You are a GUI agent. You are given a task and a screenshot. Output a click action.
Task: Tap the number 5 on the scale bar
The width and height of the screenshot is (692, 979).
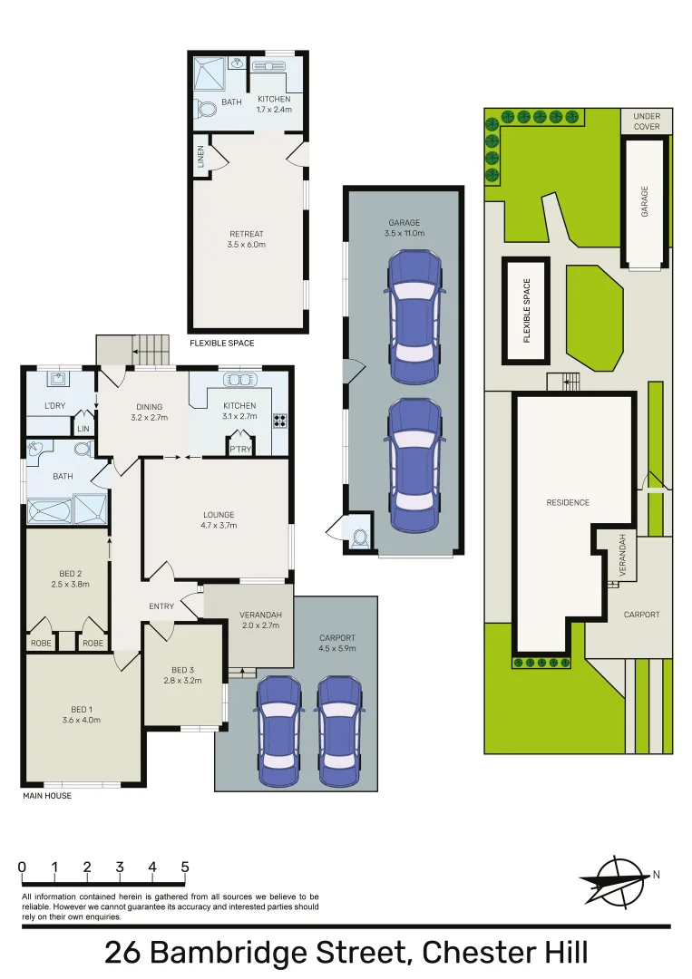coord(185,867)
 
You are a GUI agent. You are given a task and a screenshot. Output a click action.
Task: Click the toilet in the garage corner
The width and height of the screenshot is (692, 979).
coord(360,536)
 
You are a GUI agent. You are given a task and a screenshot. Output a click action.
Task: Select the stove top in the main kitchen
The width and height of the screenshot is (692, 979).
coord(280,420)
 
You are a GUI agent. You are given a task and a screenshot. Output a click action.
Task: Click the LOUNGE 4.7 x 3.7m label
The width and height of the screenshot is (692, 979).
coord(219,520)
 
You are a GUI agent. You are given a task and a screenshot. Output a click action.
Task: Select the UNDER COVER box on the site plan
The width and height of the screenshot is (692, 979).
coord(647,121)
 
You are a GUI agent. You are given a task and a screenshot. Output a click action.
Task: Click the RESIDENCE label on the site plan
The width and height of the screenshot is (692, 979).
coord(568,502)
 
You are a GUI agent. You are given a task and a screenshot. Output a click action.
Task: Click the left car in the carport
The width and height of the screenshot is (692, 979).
coord(278,731)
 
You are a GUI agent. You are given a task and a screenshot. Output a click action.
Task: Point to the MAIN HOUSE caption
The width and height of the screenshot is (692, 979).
coord(46,796)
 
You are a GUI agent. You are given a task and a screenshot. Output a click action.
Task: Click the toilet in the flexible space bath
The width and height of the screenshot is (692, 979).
coord(205,109)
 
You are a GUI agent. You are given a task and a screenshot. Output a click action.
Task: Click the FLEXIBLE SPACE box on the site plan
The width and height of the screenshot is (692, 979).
coord(526,310)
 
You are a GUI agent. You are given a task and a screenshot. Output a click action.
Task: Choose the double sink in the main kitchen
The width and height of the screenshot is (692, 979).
coord(239,380)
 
